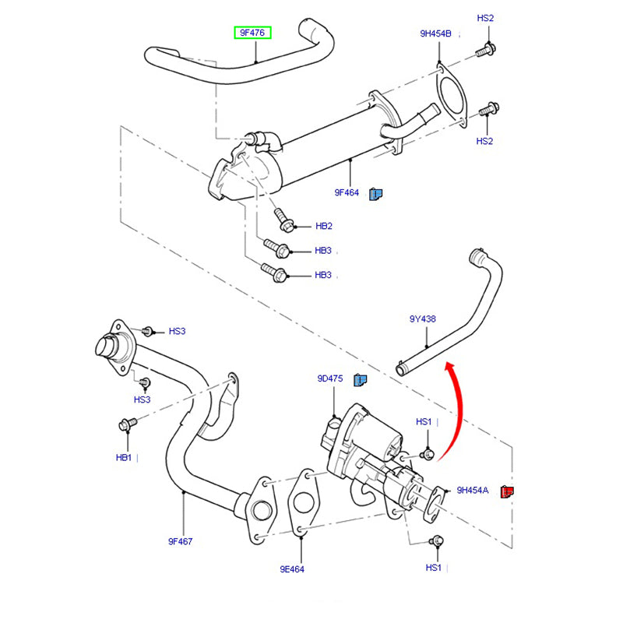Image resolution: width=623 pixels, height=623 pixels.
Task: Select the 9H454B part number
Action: pyautogui.click(x=435, y=33)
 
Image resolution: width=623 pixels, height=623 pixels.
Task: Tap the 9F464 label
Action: pyautogui.click(x=347, y=192)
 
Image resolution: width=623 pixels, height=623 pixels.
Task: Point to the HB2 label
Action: pyautogui.click(x=324, y=227)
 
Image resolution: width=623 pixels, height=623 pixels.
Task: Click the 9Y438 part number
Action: pyautogui.click(x=422, y=319)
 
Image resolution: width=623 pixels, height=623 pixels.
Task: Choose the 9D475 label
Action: pyautogui.click(x=329, y=378)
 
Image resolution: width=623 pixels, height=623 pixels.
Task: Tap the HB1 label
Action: pyautogui.click(x=125, y=457)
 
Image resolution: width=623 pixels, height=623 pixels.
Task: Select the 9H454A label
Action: pyautogui.click(x=472, y=491)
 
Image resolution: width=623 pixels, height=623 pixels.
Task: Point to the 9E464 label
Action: pyautogui.click(x=292, y=568)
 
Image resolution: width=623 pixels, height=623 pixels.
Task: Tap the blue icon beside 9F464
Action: pyautogui.click(x=375, y=192)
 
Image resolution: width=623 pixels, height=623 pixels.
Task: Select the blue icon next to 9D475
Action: pyautogui.click(x=360, y=379)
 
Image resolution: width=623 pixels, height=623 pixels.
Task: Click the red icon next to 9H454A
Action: pyautogui.click(x=508, y=491)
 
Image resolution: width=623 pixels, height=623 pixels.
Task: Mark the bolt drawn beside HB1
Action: pyautogui.click(x=126, y=424)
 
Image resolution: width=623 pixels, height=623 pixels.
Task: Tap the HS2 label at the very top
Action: pyautogui.click(x=485, y=18)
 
